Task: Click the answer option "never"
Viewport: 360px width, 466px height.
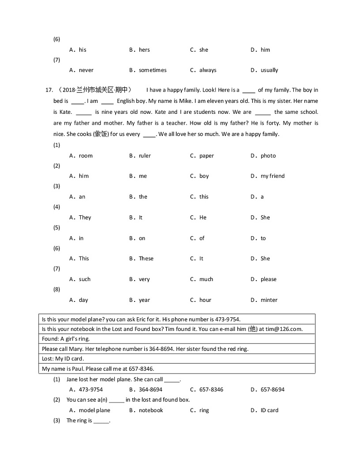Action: (x=86, y=70)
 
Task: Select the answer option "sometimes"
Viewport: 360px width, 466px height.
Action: (x=152, y=70)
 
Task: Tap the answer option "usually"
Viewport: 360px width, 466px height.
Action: (x=269, y=70)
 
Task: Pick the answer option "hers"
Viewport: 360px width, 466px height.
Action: (x=144, y=50)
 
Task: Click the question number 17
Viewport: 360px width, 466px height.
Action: (x=49, y=90)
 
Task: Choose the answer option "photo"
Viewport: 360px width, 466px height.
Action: (x=268, y=156)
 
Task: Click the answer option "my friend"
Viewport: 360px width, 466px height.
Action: (x=272, y=176)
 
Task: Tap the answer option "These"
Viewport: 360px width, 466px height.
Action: (x=146, y=259)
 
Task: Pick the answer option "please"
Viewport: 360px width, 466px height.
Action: (x=268, y=279)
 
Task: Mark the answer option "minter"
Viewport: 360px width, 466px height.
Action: (x=269, y=300)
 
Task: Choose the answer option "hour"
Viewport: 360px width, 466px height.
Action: (x=205, y=300)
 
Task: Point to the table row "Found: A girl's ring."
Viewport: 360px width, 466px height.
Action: (x=66, y=339)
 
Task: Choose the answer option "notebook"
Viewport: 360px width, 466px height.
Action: (x=151, y=410)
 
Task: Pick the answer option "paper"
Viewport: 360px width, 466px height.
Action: (x=206, y=156)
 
